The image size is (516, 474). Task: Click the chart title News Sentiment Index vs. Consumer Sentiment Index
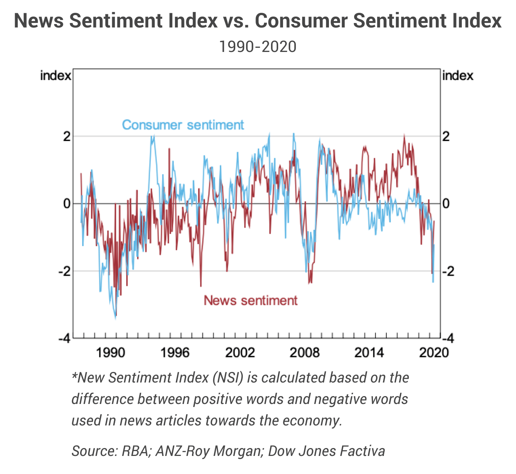[x=258, y=21]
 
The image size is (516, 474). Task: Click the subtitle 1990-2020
[x=258, y=47]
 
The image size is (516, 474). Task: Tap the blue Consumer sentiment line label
[x=183, y=125]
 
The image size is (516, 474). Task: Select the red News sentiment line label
[x=250, y=300]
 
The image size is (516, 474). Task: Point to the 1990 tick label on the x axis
[x=110, y=353]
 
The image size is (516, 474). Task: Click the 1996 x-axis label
[x=175, y=353]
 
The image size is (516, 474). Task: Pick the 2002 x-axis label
[x=240, y=353]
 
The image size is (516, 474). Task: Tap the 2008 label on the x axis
[x=304, y=353]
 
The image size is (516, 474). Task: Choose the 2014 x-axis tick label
[x=369, y=353]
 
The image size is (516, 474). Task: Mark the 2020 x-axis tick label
[x=434, y=353]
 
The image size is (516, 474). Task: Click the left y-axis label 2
[x=67, y=136]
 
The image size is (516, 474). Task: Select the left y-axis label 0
[x=67, y=204]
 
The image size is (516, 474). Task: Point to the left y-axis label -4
[x=64, y=338]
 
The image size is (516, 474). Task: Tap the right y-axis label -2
[x=448, y=271]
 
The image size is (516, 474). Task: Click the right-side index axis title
[x=458, y=76]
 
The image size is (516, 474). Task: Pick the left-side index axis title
[x=55, y=76]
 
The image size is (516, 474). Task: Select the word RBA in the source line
[x=135, y=451]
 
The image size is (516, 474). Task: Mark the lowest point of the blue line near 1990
[x=116, y=319]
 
